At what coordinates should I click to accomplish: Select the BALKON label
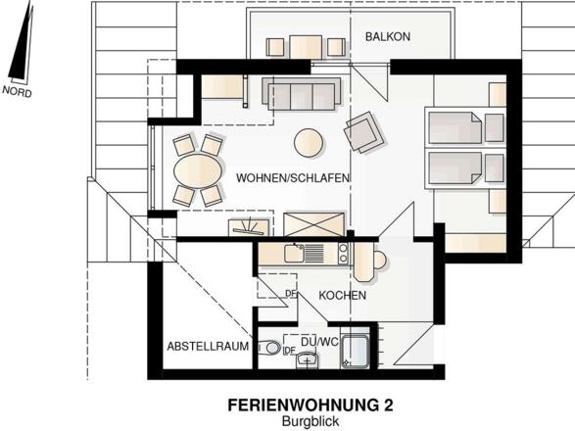coord(387,36)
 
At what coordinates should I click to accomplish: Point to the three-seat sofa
coord(301,94)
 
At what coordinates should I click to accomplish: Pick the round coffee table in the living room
coord(310,142)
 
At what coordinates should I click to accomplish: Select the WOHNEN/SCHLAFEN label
coord(280,177)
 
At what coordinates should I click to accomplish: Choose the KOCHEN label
coord(342,294)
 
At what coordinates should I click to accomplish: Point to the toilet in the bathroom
coord(271,348)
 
